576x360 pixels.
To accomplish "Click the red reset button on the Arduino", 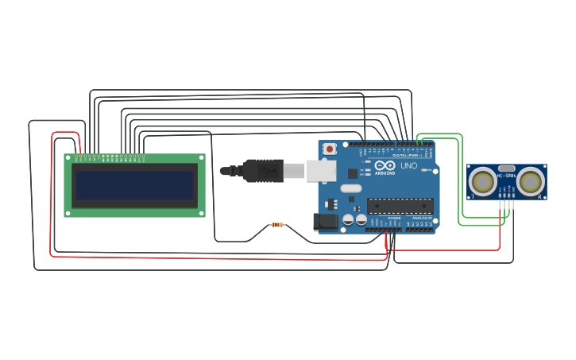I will point(329,149).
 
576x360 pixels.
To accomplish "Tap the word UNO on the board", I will point(408,166).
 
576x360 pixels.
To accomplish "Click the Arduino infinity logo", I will point(385,165).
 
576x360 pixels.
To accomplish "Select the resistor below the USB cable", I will point(276,225).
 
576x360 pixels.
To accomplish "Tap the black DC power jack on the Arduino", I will point(326,222).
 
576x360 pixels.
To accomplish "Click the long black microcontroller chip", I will point(400,205).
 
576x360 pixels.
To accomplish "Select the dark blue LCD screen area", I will point(133,185).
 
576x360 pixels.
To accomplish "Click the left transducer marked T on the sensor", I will point(482,181).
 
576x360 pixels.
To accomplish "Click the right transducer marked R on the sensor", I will point(530,181).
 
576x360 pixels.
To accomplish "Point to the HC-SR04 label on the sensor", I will point(506,175).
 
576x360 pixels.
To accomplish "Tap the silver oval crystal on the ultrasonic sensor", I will point(506,168).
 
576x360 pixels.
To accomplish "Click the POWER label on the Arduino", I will point(394,218).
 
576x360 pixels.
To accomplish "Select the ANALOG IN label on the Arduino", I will point(422,218).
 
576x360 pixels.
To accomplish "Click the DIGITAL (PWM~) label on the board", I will point(408,155).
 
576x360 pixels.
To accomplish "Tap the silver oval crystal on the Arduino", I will point(351,189).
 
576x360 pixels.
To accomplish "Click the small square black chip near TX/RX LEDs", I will point(353,173).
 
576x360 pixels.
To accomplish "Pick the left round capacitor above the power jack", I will point(348,219).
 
